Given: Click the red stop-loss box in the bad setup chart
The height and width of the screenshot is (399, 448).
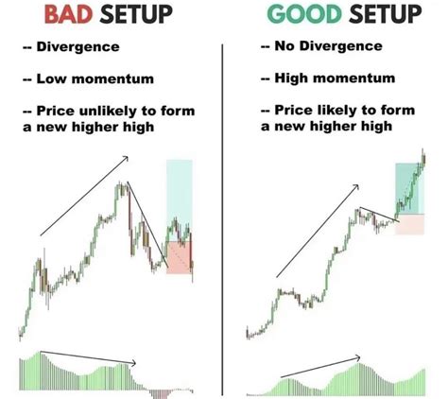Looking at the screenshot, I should click(179, 255).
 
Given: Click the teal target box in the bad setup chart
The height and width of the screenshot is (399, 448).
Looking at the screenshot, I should click(179, 199).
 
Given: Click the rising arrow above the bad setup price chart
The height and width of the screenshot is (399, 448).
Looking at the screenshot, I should click(83, 203).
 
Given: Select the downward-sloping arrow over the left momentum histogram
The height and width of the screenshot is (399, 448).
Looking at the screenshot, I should click(90, 357).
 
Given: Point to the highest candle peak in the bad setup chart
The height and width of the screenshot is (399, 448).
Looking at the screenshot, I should click(121, 184).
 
